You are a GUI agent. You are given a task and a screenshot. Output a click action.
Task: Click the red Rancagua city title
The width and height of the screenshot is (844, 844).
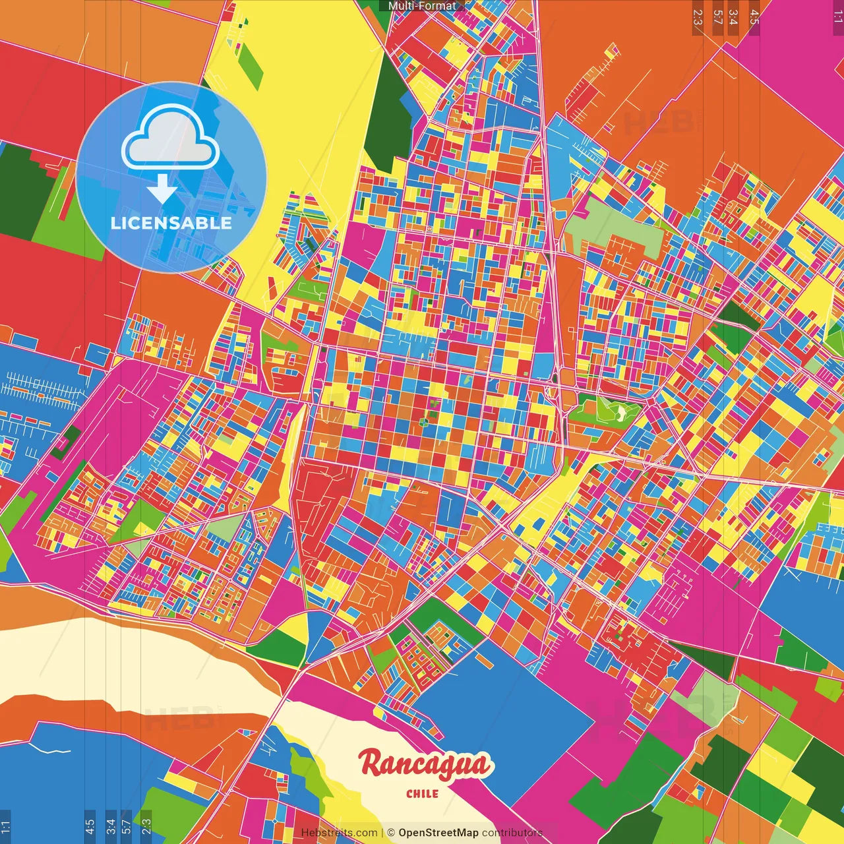point(425,766)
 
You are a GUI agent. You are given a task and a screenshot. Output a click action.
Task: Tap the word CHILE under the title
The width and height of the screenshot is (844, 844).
point(423,794)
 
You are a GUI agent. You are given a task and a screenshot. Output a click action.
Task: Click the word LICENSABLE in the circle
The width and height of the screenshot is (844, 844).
point(171,223)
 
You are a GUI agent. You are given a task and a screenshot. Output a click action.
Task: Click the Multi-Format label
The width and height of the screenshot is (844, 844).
point(422,6)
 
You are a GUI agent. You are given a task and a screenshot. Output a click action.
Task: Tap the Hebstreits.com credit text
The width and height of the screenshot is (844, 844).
point(339,833)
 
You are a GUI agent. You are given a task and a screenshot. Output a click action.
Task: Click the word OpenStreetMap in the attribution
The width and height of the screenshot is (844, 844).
point(438,833)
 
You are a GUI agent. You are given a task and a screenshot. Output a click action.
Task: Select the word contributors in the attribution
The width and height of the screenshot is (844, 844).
point(512,833)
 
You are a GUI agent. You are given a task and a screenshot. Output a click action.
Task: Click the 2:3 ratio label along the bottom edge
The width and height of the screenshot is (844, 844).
point(146,826)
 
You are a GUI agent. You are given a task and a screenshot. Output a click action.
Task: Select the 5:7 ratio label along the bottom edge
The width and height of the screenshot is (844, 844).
point(126,826)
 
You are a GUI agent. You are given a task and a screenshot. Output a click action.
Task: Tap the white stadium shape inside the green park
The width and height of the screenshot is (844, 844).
point(620,412)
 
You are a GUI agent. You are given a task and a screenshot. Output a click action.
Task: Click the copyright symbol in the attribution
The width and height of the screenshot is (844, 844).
point(390,833)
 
